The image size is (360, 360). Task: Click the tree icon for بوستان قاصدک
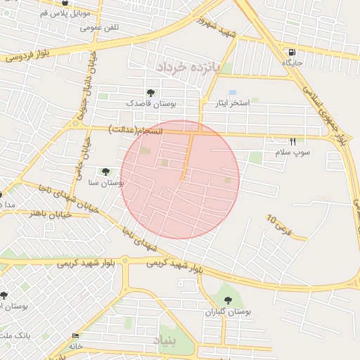[x=150, y=93]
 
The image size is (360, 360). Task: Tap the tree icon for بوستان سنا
[x=105, y=171]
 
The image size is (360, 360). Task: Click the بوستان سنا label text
[x=107, y=182]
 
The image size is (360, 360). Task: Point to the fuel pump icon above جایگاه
[x=291, y=52]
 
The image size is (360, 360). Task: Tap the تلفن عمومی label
[x=99, y=27]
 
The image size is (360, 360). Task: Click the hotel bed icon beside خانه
[x=76, y=335]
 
